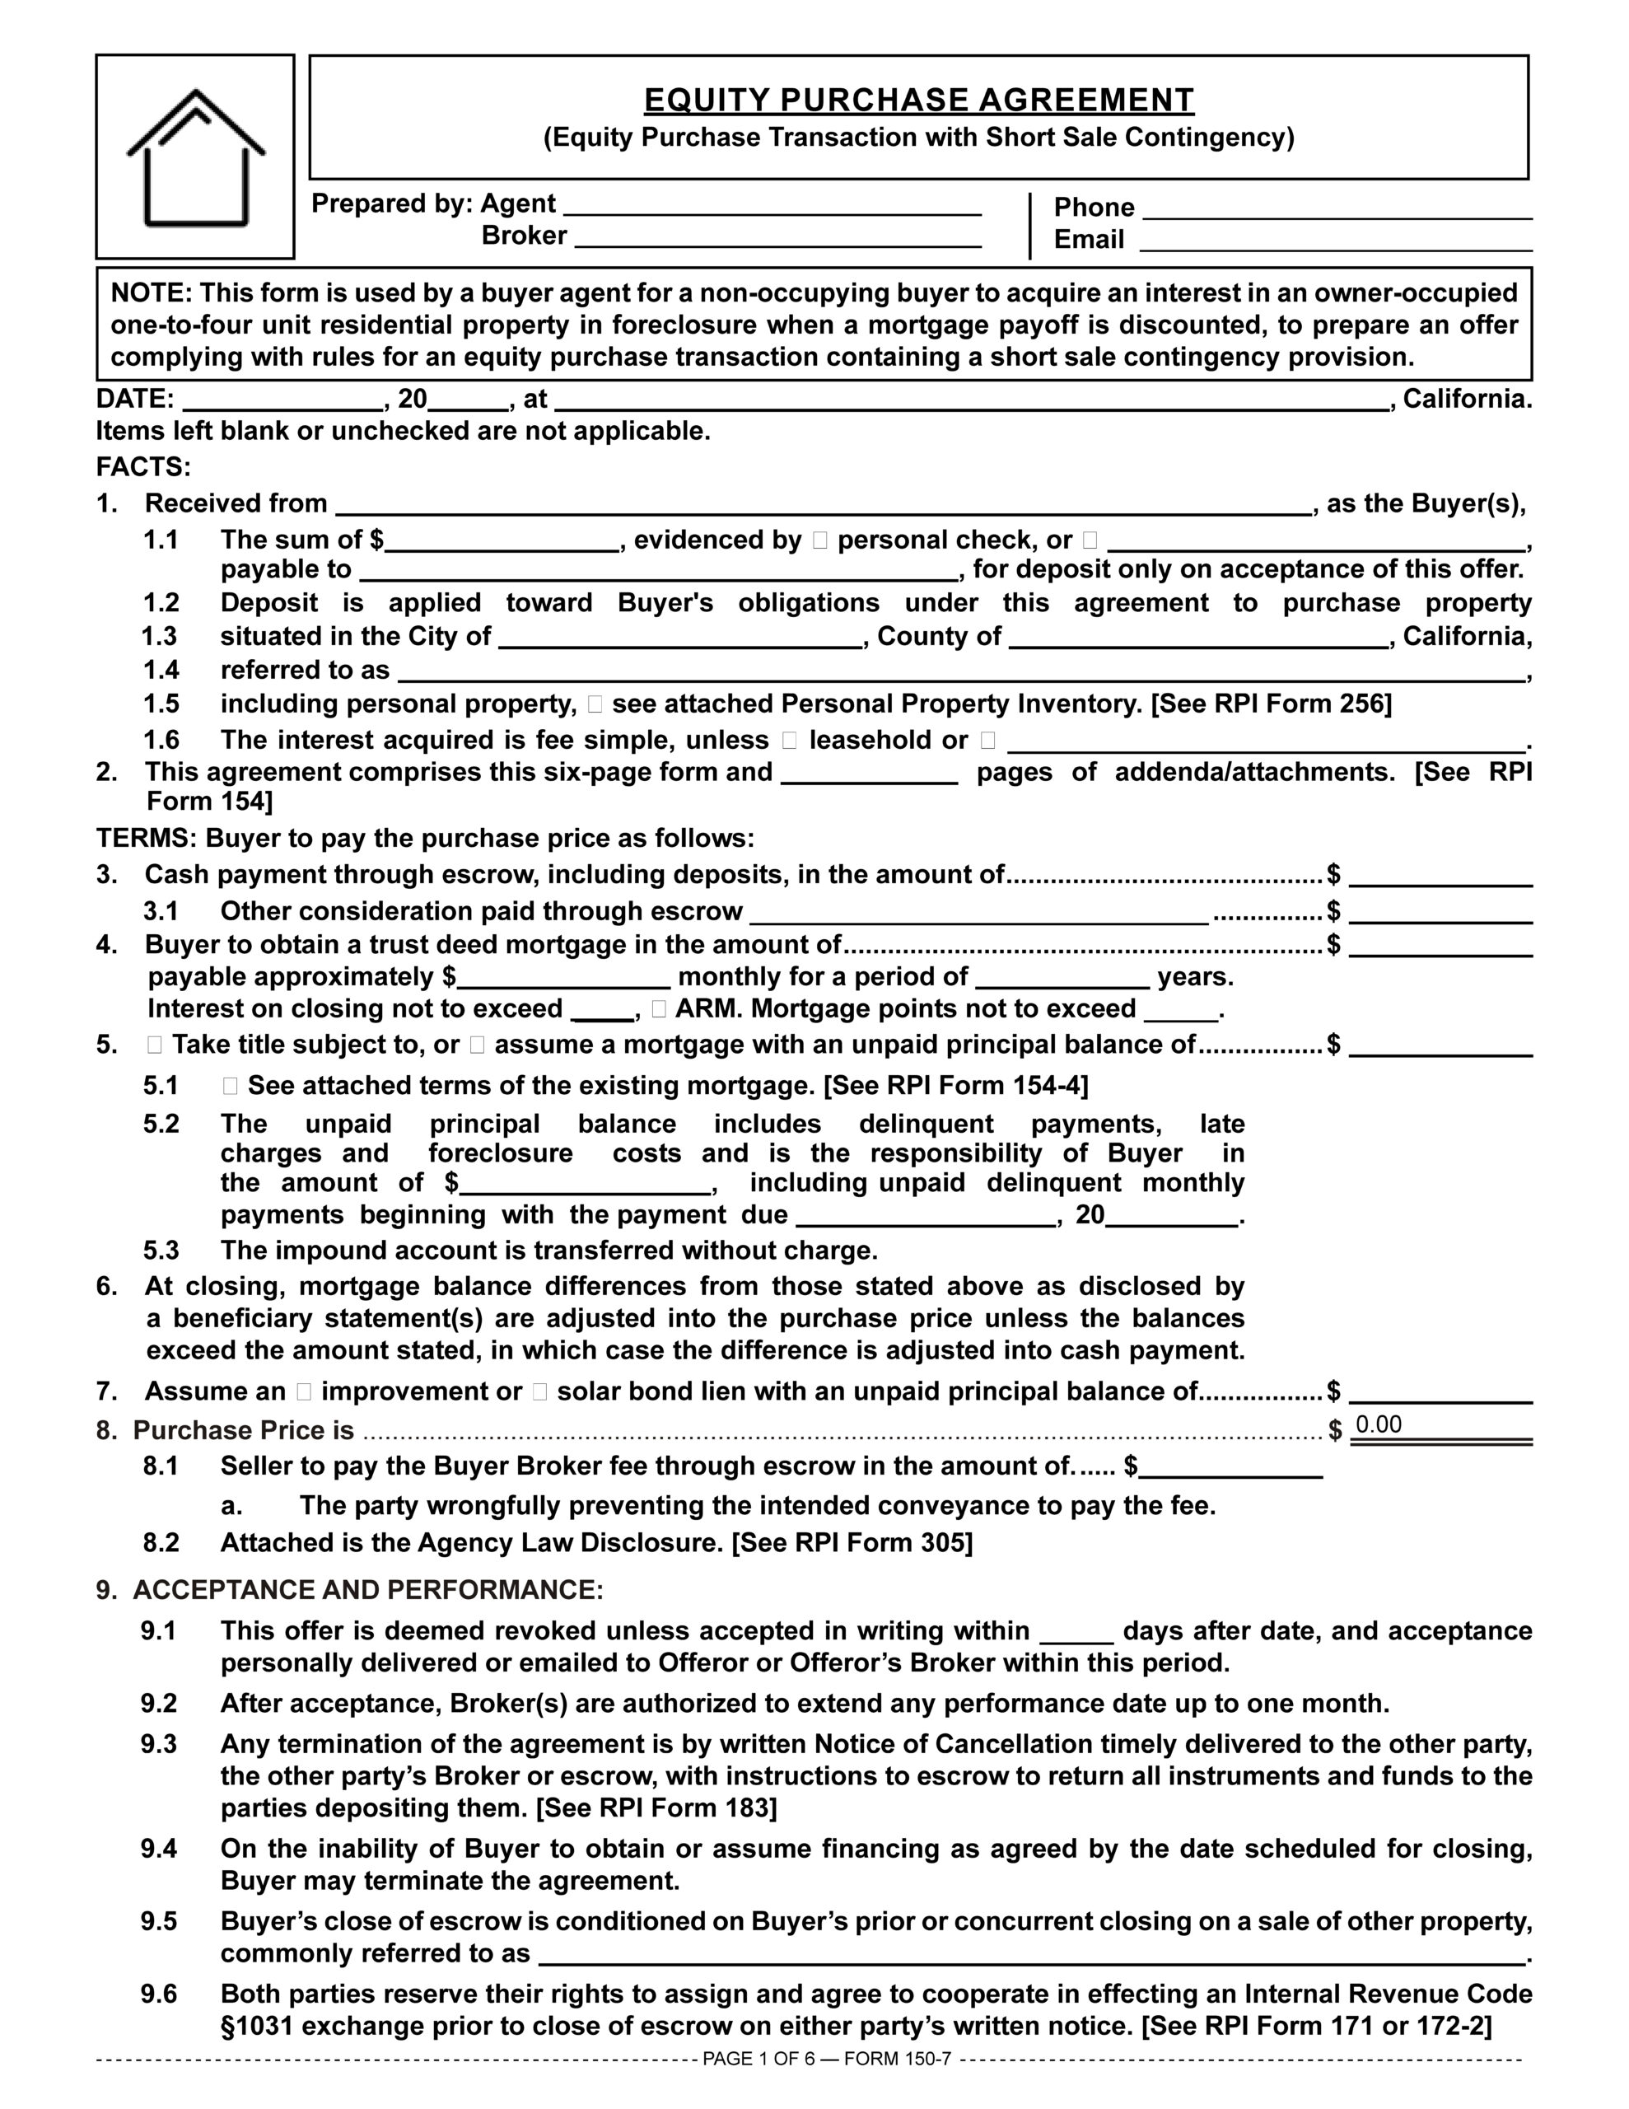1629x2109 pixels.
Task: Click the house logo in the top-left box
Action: pyautogui.click(x=196, y=157)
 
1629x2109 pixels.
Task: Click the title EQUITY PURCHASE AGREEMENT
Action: pyautogui.click(x=918, y=101)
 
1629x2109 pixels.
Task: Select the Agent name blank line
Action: pyautogui.click(x=772, y=207)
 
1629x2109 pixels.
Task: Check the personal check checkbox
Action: pyautogui.click(x=821, y=540)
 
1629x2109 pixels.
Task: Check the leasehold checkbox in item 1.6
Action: pyautogui.click(x=790, y=741)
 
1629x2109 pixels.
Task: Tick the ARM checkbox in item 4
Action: pyautogui.click(x=659, y=1009)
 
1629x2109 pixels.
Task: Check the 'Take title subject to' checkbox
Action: pyautogui.click(x=156, y=1045)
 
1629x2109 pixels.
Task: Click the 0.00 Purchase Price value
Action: pyautogui.click(x=1379, y=1425)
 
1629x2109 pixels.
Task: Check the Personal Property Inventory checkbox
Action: pyautogui.click(x=594, y=705)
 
